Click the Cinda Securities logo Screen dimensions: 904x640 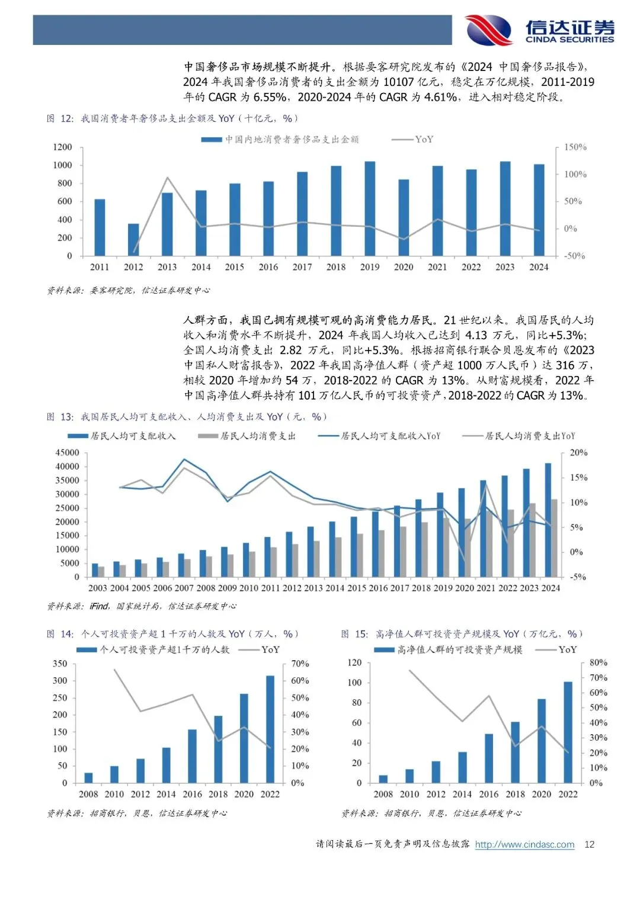[539, 30]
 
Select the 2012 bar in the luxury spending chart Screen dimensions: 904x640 [133, 239]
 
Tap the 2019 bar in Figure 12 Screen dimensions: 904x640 [370, 208]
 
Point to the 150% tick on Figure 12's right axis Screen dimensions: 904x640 [575, 147]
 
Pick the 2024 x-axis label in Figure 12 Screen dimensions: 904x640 [539, 267]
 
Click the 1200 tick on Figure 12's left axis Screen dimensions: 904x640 [62, 147]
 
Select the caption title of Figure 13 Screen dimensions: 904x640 [187, 417]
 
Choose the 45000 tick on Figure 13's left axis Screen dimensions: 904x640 [67, 452]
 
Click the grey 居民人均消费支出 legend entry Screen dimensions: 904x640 [247, 436]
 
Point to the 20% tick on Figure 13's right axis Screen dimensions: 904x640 [578, 452]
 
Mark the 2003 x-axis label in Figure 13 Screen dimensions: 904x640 [98, 588]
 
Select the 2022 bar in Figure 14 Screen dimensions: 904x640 [270, 729]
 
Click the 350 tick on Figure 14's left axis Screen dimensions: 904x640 [60, 664]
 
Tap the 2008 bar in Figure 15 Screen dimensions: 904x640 [383, 778]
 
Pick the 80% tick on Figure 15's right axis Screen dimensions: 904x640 [599, 662]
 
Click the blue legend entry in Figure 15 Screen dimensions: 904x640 [449, 649]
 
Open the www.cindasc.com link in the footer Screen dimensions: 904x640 [524, 844]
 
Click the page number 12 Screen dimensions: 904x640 [589, 844]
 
